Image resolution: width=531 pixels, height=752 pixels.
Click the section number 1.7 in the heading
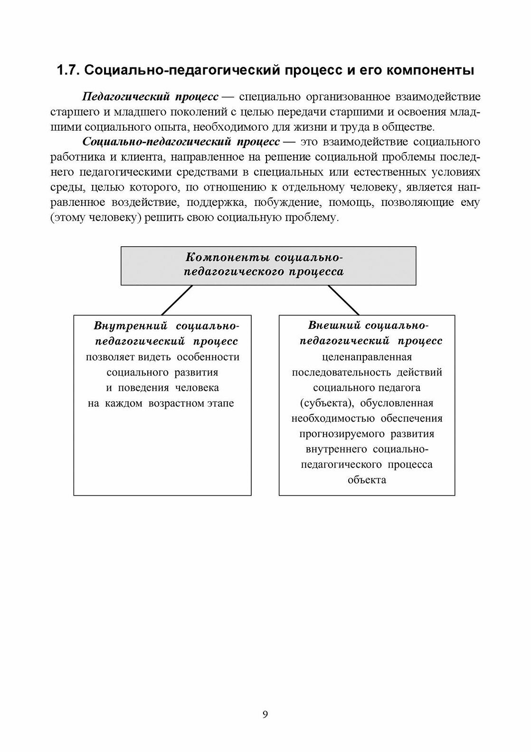click(68, 71)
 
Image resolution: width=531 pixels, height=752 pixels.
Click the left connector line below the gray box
click(177, 300)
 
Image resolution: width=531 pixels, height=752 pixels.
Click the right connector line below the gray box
click(343, 300)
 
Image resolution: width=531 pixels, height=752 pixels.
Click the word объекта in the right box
click(367, 480)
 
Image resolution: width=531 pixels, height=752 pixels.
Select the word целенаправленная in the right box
click(367, 357)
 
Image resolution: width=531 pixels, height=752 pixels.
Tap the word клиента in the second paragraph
click(138, 157)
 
